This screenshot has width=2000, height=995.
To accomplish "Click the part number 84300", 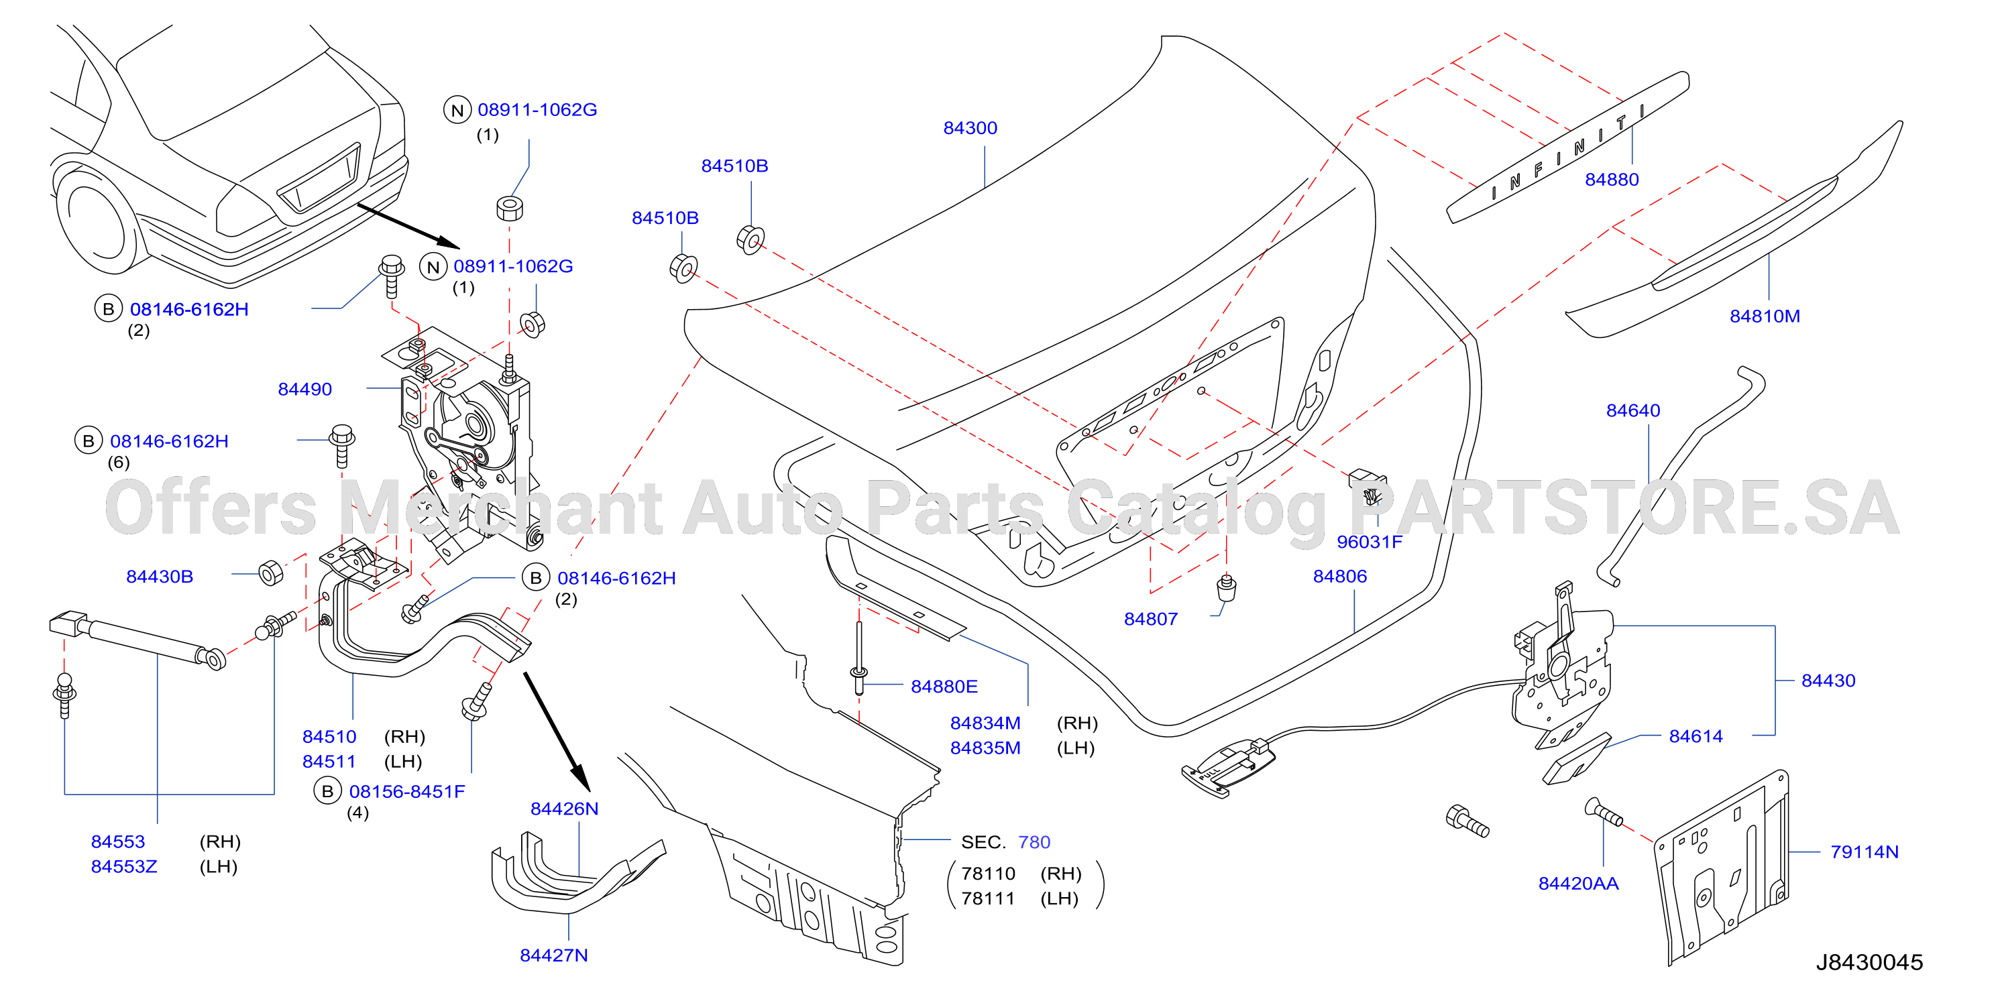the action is coord(970,128).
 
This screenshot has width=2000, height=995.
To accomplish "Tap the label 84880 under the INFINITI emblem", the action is coord(1612,179).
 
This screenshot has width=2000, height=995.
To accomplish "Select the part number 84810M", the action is coord(1765,316).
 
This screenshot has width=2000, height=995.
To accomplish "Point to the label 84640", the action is coord(1632,410).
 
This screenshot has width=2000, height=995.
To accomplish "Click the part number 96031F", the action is coord(1370,542).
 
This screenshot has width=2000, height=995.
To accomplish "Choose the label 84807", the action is coord(1151,620).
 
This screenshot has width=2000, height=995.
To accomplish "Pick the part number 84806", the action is coord(1340,576).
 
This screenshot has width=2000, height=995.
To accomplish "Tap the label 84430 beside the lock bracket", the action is coord(1828,681).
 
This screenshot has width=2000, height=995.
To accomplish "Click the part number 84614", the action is coord(1696,737).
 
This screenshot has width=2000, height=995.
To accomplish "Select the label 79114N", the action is coord(1864,852).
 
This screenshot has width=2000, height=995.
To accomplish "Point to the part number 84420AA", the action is coord(1578,884).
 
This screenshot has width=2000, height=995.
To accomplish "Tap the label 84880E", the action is coord(944,687).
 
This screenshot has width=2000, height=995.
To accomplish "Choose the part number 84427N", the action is coord(553,955).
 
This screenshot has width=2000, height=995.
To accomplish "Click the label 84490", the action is coord(305,390).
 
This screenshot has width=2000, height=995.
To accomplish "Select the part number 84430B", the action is coord(160,577).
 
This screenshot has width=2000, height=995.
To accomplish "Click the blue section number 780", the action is coord(1034,842).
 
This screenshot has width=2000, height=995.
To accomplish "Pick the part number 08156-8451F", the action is coord(407,792).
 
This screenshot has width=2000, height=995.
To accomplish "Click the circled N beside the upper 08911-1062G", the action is coord(457,110).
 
